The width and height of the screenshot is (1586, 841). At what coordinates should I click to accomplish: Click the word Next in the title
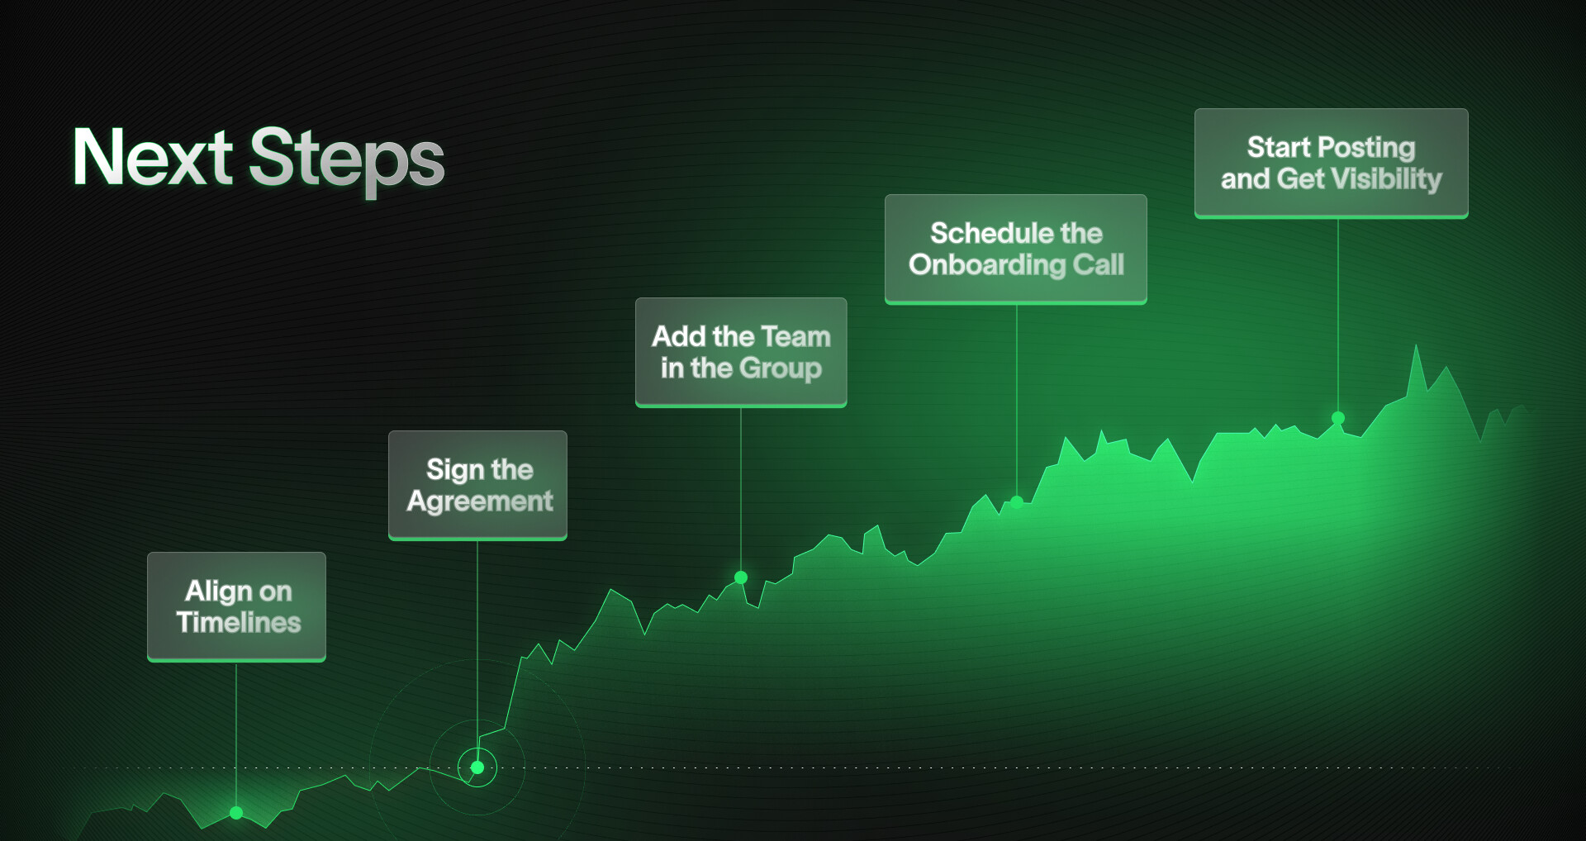click(153, 157)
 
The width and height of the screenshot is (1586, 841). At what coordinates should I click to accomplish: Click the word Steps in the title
click(347, 161)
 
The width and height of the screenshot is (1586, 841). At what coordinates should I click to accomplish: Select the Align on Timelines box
click(236, 607)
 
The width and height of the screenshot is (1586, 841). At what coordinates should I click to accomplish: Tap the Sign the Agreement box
click(477, 486)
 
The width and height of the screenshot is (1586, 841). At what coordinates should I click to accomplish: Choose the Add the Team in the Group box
click(741, 353)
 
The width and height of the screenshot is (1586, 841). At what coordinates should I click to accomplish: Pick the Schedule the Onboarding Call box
click(1016, 249)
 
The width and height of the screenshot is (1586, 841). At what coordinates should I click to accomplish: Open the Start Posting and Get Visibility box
click(1332, 164)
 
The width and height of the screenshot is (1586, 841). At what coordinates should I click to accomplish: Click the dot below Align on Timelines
click(236, 812)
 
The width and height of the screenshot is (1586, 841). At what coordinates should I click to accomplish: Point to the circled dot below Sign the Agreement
click(477, 767)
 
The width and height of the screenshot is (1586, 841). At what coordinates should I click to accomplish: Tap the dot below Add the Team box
click(741, 577)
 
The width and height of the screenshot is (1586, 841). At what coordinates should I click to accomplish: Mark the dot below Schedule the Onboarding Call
click(1017, 501)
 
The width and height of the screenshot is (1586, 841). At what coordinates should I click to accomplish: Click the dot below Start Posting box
click(1338, 418)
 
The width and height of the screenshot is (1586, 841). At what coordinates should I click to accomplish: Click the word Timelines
click(239, 622)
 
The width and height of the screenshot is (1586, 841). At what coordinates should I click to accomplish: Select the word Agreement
click(480, 501)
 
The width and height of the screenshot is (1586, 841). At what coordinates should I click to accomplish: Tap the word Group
click(781, 368)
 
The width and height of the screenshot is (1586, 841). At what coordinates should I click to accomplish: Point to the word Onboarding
click(987, 265)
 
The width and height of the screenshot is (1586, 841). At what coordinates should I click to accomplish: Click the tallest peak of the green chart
click(1416, 344)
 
